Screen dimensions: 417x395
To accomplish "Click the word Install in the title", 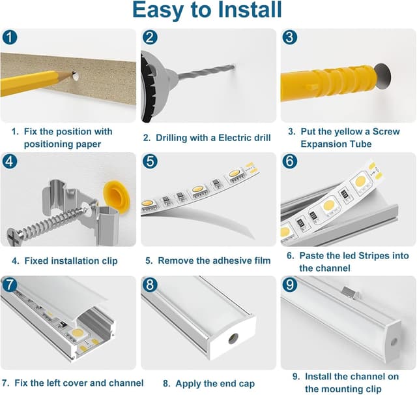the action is [250, 10].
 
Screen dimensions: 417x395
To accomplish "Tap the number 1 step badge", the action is [10, 37].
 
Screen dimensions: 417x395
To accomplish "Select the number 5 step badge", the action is [150, 161].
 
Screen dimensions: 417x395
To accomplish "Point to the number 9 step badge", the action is [289, 285].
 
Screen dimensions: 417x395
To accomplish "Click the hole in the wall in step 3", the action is [383, 76].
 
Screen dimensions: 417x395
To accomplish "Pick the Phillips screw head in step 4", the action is [14, 236].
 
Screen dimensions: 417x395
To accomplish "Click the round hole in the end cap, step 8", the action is [233, 338].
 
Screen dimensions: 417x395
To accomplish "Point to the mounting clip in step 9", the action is [351, 292].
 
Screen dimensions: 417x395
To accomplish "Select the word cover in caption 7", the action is [74, 383].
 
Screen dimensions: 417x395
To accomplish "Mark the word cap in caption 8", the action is [246, 384].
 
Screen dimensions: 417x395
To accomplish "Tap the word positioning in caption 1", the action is [48, 144].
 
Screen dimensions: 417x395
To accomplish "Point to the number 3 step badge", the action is [289, 37].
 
